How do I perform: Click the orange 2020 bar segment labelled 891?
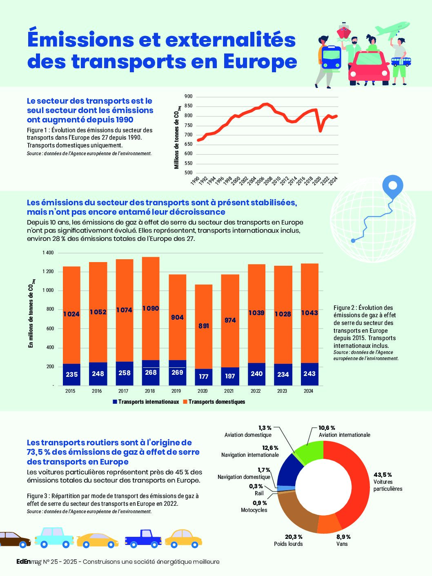click(x=203, y=327)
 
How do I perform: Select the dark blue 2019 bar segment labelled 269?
click(x=177, y=373)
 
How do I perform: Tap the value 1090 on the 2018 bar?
click(x=151, y=308)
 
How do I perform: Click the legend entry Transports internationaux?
click(x=146, y=402)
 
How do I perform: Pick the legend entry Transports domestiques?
click(x=214, y=402)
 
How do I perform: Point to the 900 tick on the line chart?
click(x=189, y=97)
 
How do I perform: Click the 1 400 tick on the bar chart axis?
click(x=48, y=253)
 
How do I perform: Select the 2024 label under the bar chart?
click(x=308, y=391)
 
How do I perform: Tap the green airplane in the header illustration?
click(x=393, y=29)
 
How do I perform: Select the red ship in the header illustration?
click(x=343, y=31)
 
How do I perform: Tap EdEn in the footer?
click(x=23, y=562)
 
